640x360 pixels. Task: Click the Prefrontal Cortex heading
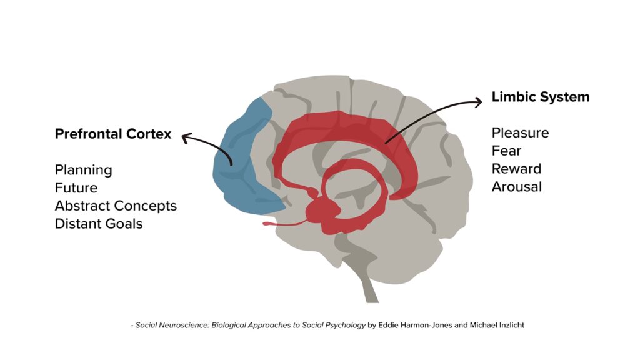113,134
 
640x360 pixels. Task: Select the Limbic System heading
541,97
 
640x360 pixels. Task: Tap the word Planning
84,170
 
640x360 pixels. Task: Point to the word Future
76,187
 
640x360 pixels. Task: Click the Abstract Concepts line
116,206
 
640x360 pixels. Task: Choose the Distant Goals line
99,223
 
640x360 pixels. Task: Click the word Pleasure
520,132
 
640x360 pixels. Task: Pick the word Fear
506,151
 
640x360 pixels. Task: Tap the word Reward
516,169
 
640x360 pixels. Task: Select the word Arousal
517,186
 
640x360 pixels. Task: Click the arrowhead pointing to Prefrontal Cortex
185,136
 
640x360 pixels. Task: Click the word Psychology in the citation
348,326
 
